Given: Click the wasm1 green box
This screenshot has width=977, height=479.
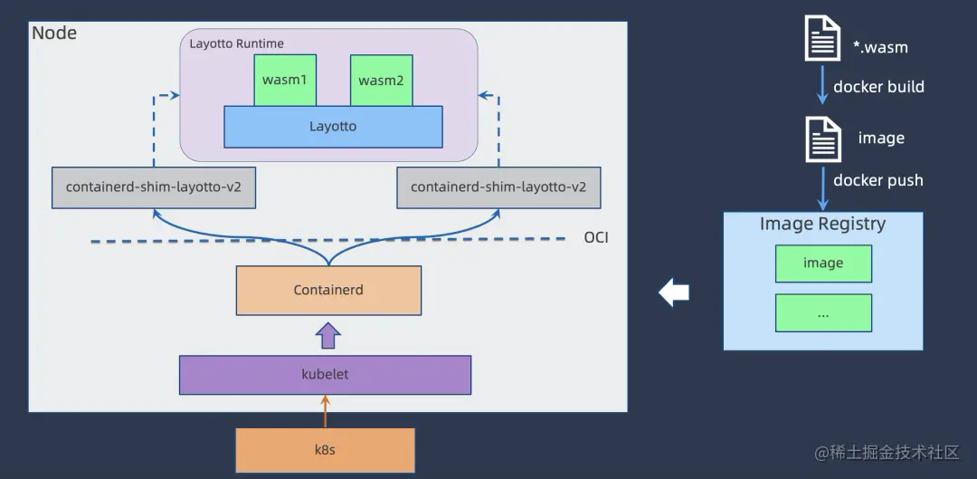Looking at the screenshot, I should point(285,80).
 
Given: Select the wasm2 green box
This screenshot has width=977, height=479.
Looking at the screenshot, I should point(381,81).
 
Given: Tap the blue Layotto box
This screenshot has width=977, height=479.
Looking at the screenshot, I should point(333,127).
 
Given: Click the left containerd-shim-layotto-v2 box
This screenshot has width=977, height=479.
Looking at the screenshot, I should point(153,187).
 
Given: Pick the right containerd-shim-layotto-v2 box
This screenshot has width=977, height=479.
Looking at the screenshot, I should point(498,187).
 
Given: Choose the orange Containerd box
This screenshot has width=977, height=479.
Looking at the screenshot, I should point(328,290).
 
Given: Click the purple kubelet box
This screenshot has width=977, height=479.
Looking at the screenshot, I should point(325,374).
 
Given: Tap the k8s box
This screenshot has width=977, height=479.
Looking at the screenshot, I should point(325,449).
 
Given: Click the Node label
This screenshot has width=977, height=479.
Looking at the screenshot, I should point(54,34).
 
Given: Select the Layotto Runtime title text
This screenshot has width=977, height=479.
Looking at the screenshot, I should point(236,43).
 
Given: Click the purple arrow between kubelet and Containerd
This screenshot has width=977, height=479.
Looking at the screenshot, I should point(327,335).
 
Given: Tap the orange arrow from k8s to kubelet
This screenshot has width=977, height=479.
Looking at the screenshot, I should point(326,411).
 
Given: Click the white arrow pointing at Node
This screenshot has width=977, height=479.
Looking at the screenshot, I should point(674,292).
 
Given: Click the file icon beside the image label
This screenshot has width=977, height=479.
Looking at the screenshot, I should point(821,139).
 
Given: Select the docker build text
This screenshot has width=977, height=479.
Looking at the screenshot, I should point(878,87).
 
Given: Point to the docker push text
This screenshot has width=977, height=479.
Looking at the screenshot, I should point(877,180).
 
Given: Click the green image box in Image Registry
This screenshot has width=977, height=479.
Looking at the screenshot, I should point(823,263).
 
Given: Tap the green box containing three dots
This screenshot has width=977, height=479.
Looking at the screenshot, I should point(823,313).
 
